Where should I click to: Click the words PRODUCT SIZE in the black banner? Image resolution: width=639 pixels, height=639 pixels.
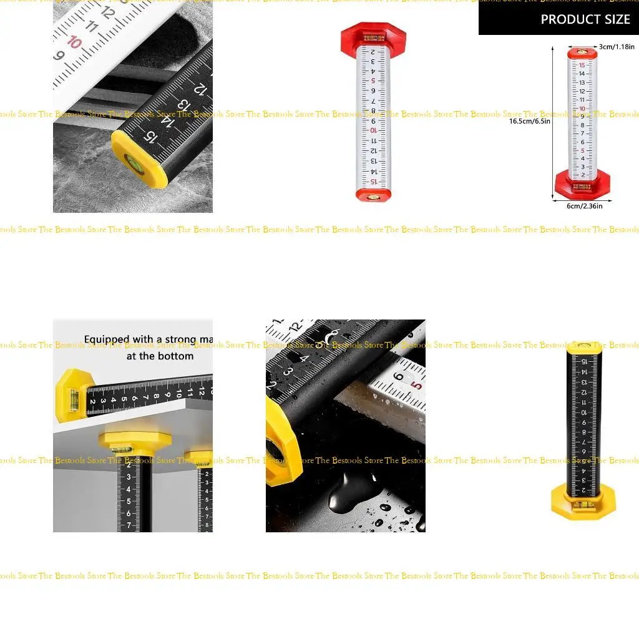(585, 19)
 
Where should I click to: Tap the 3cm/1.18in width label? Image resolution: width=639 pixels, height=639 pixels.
(617, 47)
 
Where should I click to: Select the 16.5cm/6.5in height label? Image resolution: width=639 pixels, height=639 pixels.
(530, 121)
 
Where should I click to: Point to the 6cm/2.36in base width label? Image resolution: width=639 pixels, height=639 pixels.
(584, 207)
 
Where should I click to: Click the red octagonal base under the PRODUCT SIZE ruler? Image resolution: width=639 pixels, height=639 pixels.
(582, 183)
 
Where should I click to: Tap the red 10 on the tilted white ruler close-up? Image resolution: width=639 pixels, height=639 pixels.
(75, 42)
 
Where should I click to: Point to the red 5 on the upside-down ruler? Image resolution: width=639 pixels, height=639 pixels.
(373, 80)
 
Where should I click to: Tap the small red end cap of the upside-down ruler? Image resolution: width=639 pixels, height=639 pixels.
(372, 194)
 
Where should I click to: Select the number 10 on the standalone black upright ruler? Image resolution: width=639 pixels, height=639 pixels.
(583, 412)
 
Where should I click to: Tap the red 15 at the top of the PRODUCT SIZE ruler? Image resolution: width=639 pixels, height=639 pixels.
(582, 64)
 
